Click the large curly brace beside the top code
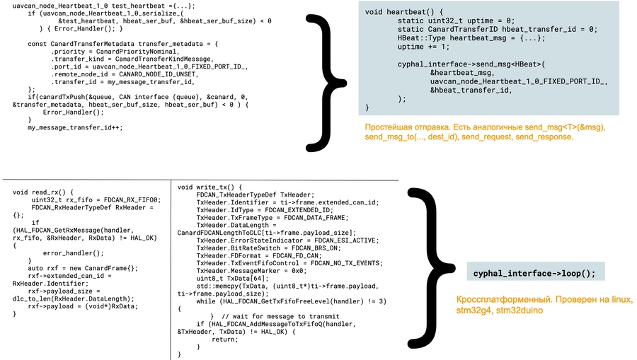(328, 80)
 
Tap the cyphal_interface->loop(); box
(534, 273)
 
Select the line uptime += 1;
(423, 47)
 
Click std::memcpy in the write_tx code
(220, 285)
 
